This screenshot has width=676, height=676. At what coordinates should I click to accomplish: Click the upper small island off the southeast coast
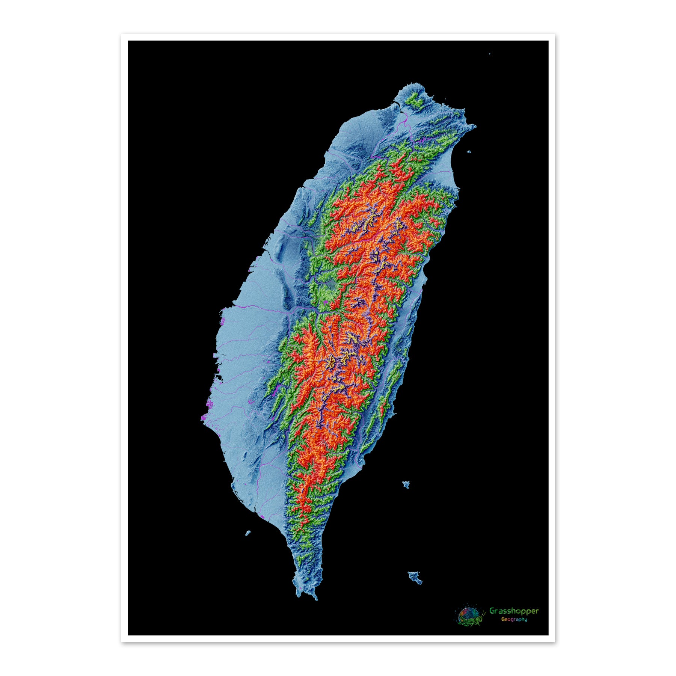tap(406, 484)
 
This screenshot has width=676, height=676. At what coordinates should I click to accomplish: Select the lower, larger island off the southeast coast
tap(415, 577)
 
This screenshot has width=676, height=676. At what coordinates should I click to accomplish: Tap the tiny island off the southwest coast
tap(248, 533)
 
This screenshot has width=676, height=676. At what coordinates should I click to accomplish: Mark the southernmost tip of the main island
tap(315, 598)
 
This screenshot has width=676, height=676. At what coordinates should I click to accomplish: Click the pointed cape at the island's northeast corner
tap(474, 127)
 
